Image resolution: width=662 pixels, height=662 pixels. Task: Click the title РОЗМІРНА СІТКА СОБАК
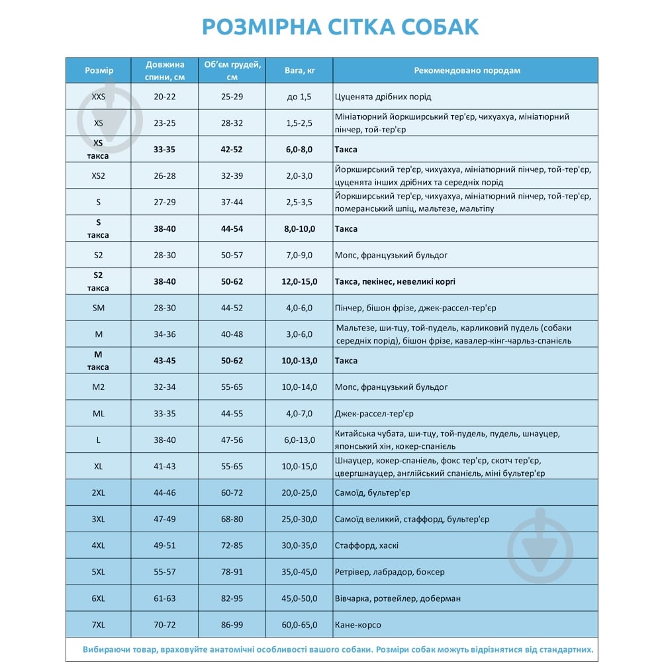pos(340,26)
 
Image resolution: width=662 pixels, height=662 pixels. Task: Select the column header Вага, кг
pos(299,70)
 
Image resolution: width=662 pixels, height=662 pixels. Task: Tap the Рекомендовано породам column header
pos(467,70)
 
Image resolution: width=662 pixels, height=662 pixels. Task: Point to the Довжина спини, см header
pos(165,70)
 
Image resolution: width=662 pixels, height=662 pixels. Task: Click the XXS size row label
pos(99,97)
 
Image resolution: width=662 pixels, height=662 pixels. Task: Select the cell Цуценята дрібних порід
pos(383,97)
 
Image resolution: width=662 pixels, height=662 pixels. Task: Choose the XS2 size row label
pos(99,176)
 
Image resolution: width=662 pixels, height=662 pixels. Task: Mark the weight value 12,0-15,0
pos(299,281)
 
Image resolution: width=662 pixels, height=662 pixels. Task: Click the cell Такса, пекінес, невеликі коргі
pos(395,281)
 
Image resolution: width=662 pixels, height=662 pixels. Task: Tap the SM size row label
pos(99,308)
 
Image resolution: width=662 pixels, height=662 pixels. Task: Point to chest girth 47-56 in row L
pos(232,440)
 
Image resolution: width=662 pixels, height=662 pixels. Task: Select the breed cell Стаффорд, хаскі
pos(367,545)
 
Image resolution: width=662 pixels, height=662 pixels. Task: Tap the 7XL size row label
pos(99,625)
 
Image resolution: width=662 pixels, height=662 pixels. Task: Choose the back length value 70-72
pos(165,625)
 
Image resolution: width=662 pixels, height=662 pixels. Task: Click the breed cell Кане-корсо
pos(358,625)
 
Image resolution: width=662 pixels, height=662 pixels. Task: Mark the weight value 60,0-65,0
pos(299,625)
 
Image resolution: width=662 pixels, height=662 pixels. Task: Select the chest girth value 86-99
pos(232,625)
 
